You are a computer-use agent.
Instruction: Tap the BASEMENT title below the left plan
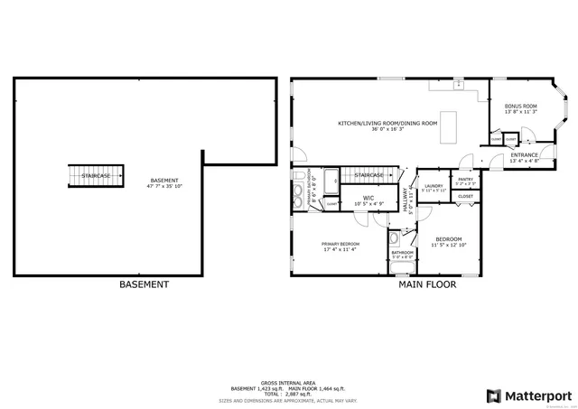144,284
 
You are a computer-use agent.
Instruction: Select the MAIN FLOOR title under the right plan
427,284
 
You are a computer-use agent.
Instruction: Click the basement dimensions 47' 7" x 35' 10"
164,186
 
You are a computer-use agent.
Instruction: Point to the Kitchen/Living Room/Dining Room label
387,123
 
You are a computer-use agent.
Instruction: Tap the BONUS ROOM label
521,107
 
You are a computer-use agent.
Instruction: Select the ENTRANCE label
525,154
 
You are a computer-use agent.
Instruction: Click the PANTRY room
466,180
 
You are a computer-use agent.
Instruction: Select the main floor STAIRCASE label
368,174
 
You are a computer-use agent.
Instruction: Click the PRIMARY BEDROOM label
340,245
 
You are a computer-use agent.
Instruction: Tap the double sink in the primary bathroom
298,194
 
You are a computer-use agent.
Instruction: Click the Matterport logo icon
493,395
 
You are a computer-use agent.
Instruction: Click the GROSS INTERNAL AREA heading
288,383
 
